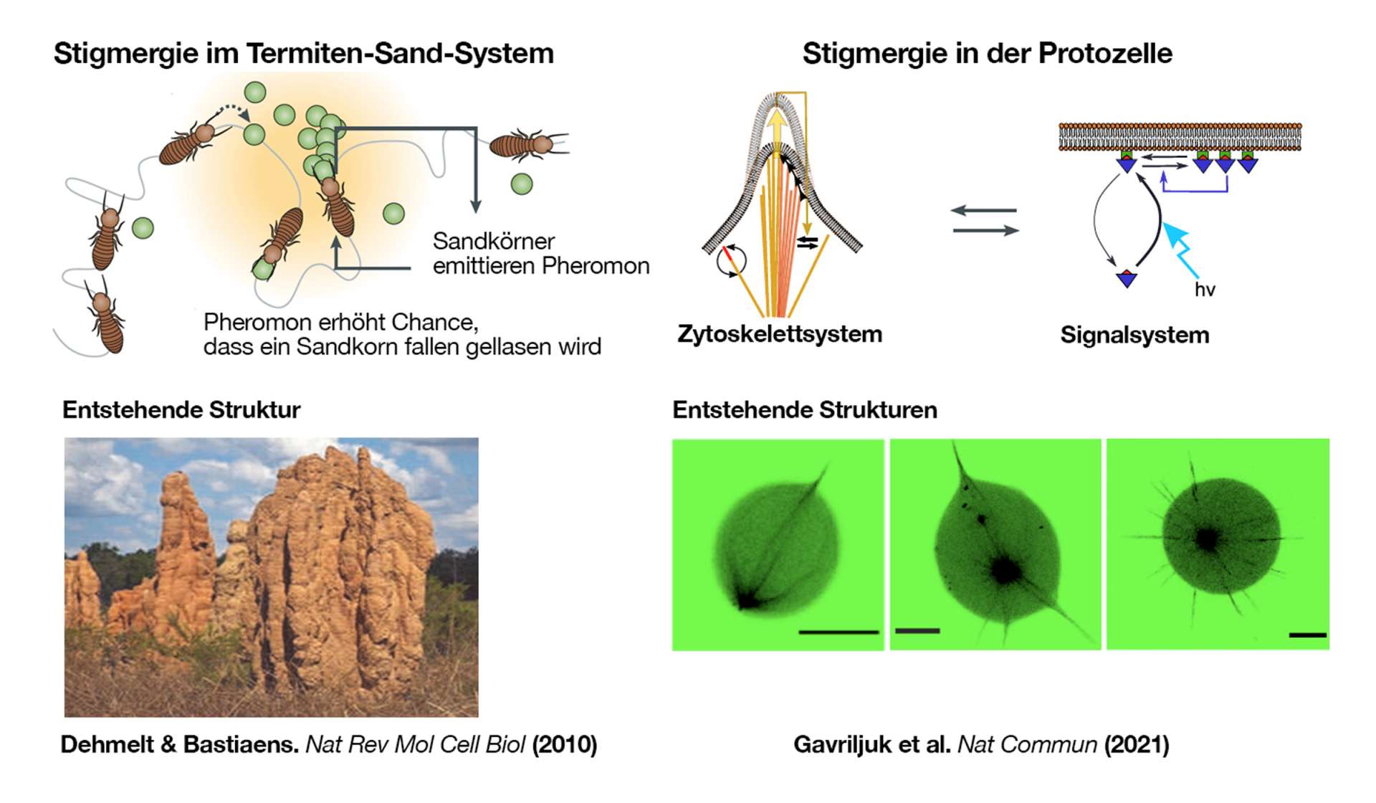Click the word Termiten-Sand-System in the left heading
coord(400,54)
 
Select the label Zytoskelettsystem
coord(780,334)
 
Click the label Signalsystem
coord(1134,335)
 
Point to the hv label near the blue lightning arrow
coord(1205,290)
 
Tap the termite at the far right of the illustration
coord(527,145)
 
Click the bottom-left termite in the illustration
coord(106,320)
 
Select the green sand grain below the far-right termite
coord(522,184)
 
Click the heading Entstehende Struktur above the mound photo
coord(181,410)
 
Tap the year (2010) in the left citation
coord(564,744)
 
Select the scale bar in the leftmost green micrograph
coord(838,632)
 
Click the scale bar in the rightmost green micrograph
coord(1307,635)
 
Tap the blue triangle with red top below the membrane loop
coord(1127,279)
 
